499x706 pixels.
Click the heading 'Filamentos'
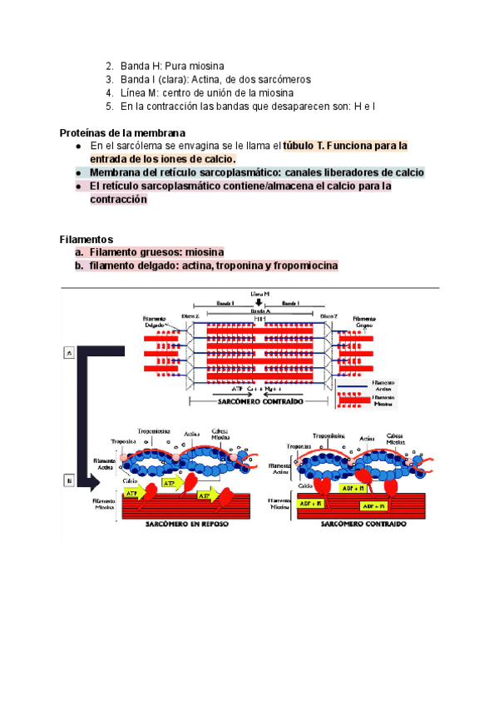[86, 239]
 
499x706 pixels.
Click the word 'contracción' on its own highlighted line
[118, 201]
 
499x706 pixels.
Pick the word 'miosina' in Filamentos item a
[204, 252]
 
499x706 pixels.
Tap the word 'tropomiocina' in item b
[303, 266]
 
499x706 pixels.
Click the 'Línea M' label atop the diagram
[259, 294]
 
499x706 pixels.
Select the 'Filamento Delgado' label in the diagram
[154, 321]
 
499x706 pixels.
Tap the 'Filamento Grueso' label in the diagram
[364, 321]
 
